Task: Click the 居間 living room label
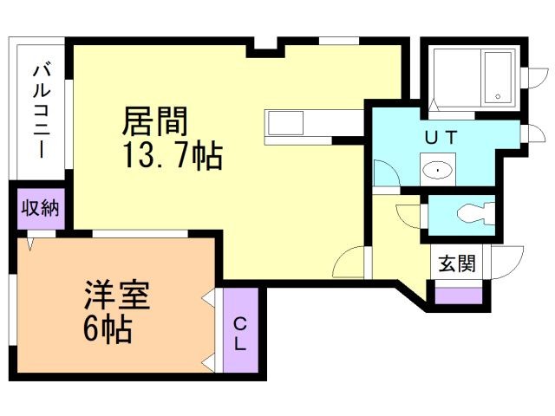[155, 120]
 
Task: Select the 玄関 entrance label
[456, 263]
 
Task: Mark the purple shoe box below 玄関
[457, 295]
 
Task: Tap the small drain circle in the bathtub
[498, 96]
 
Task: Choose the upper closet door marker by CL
[208, 300]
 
